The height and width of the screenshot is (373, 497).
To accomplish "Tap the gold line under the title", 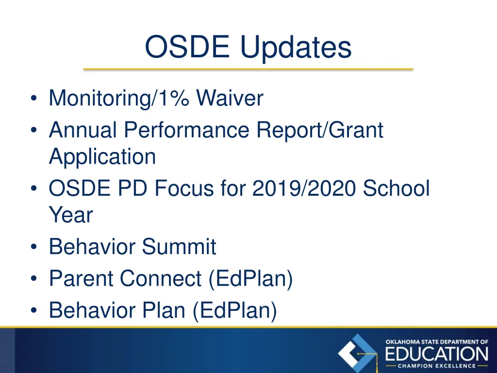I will [x=248, y=69].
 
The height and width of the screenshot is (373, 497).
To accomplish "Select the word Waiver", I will [x=230, y=99].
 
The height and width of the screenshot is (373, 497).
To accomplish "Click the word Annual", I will [x=83, y=130].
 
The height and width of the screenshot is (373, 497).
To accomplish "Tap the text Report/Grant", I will [x=320, y=130].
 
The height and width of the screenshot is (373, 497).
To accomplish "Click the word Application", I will [x=102, y=157].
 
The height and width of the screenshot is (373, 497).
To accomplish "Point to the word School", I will [x=396, y=188].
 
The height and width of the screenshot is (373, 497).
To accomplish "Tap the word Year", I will [x=70, y=215].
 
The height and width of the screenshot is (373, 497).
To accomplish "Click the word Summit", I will [x=179, y=247].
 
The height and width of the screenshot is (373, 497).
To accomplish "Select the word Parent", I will [x=82, y=279].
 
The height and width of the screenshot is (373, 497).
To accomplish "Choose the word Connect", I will [x=161, y=279].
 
